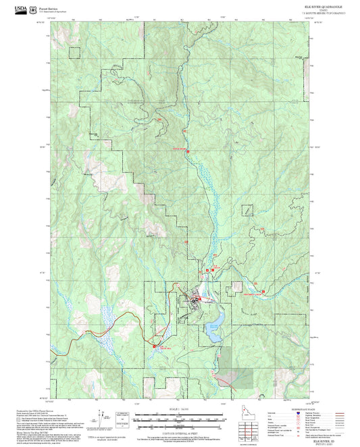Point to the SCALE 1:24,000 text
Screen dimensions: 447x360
180,410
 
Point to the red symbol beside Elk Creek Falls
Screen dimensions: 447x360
157,346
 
